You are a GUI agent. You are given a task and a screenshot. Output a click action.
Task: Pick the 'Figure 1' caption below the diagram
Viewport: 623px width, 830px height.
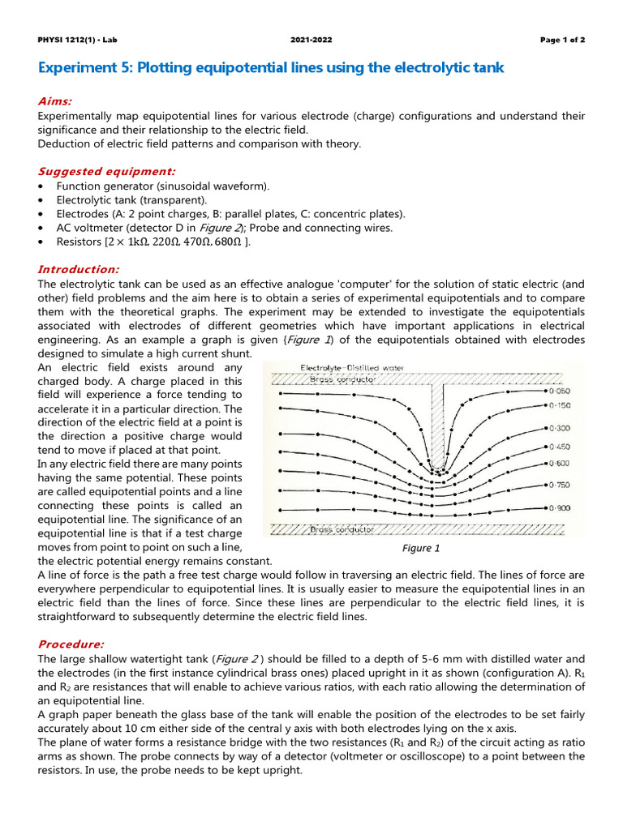(421, 548)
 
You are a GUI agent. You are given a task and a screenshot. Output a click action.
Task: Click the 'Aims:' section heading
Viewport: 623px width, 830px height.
(55, 101)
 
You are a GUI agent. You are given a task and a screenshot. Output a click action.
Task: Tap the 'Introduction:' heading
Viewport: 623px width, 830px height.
(79, 269)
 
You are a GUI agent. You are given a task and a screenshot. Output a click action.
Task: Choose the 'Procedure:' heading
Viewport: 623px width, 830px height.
(71, 644)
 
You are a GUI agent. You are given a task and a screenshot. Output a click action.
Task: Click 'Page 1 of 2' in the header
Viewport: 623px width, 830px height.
(562, 40)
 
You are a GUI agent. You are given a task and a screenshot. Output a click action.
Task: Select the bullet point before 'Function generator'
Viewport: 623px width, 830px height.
(41, 186)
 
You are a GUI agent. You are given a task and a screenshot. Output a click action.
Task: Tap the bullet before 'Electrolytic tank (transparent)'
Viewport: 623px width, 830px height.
(41, 200)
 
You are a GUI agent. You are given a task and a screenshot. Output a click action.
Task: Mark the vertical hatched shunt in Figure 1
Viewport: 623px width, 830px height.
(437, 421)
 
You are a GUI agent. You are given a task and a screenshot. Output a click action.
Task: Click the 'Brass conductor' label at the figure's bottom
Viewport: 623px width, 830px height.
(342, 528)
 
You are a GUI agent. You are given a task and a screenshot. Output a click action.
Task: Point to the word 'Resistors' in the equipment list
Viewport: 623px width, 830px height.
(78, 242)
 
